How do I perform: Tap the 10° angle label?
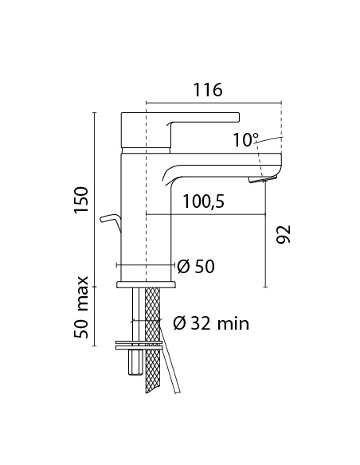(246, 139)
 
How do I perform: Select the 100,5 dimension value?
(202, 202)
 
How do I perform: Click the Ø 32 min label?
(210, 322)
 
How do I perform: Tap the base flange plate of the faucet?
(146, 283)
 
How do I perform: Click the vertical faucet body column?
(146, 215)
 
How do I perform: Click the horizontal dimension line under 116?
(214, 102)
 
